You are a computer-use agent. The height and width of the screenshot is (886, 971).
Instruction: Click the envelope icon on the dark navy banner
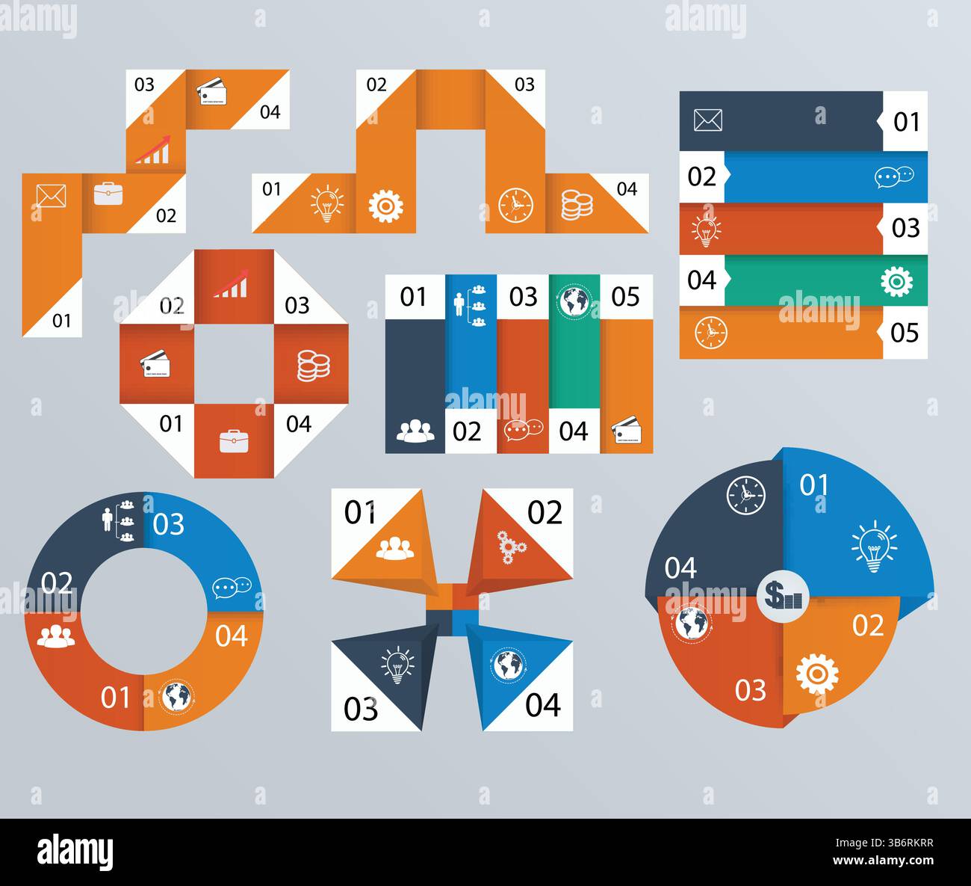[x=707, y=120]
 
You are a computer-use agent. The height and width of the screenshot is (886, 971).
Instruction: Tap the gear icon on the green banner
[x=896, y=281]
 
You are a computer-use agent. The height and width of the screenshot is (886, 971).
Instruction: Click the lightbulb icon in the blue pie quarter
[x=874, y=548]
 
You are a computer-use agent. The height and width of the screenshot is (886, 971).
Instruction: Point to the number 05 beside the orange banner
[x=905, y=333]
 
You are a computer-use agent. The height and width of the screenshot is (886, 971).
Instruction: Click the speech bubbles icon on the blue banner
[x=894, y=176]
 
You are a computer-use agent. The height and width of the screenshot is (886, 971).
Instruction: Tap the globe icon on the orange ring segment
[x=177, y=697]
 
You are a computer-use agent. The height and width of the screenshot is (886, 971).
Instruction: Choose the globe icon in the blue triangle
[x=509, y=665]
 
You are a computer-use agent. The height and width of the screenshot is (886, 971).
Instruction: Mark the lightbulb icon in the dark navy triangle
[x=397, y=663]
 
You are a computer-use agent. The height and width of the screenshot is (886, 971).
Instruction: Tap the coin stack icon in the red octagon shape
[x=311, y=366]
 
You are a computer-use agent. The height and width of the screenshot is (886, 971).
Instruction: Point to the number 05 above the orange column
[x=625, y=297]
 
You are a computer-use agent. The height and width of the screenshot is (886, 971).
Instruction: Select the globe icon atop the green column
[x=575, y=302]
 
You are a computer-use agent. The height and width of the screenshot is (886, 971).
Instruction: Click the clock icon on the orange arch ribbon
[x=515, y=203]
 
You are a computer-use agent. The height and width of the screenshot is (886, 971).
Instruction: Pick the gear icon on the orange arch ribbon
[x=385, y=204]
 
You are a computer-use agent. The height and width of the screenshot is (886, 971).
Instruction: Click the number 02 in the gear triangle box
[x=545, y=513]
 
